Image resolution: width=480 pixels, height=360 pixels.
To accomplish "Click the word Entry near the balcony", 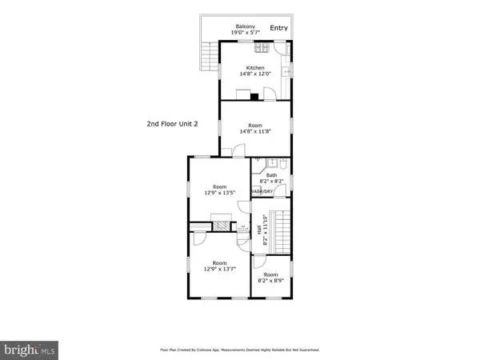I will click(278, 28).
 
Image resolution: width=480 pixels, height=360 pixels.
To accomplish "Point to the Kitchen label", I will click(255, 67).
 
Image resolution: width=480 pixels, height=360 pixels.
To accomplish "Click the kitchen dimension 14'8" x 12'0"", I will click(255, 74).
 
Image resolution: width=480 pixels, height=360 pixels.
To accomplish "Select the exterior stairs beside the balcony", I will click(209, 56).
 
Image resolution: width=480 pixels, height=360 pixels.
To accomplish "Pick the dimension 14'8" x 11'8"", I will click(255, 132).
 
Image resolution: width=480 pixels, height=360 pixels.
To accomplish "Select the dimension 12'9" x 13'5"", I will click(219, 192).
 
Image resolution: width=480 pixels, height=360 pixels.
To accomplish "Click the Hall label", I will click(260, 230).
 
